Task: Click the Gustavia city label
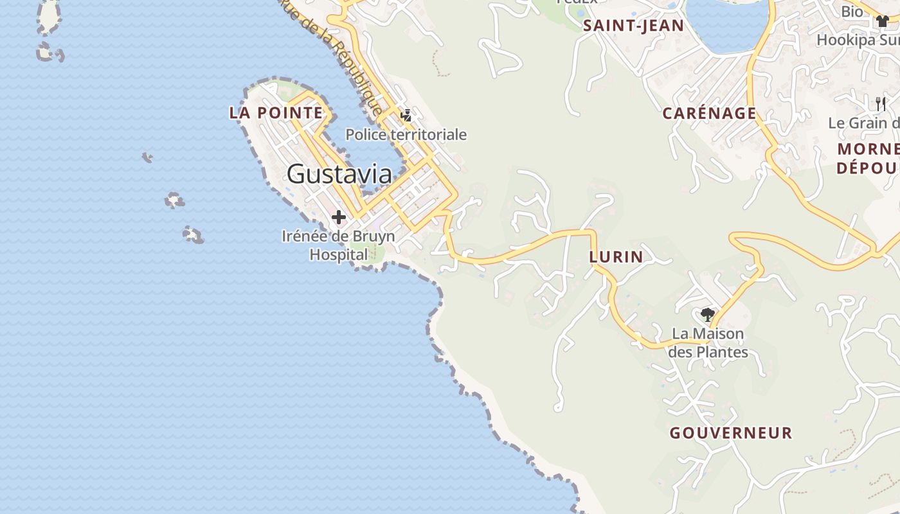(339, 174)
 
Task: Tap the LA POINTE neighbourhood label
(276, 113)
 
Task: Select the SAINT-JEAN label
(633, 26)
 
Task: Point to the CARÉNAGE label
(709, 114)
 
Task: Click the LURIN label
(616, 257)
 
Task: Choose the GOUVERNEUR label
(731, 433)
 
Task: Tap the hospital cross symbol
(339, 218)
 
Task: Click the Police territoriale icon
(406, 116)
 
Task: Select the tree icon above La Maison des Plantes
(708, 315)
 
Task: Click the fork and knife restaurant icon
(881, 103)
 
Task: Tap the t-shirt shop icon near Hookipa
(882, 21)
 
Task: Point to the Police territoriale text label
(406, 135)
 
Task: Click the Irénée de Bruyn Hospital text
(339, 245)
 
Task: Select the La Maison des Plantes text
(708, 343)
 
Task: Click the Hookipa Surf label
(858, 40)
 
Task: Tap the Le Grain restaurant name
(863, 123)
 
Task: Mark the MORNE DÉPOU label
(868, 159)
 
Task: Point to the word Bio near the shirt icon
(852, 12)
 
